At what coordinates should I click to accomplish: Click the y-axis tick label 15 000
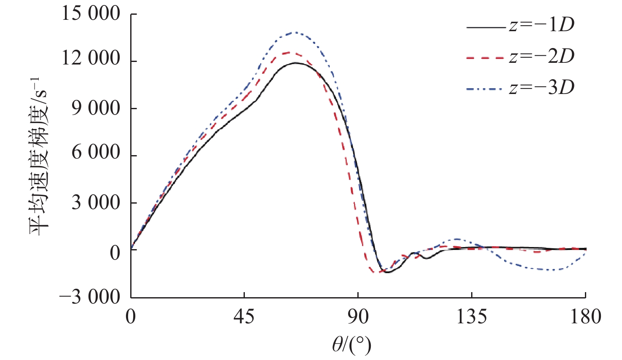(91, 14)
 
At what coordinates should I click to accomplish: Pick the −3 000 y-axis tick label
(89, 298)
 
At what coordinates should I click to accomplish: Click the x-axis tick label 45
(244, 317)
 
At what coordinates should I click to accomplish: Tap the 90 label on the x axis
(358, 317)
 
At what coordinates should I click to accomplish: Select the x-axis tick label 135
(472, 317)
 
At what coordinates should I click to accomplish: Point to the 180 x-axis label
(585, 317)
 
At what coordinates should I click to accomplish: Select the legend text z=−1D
(542, 25)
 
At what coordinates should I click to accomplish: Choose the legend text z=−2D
(542, 56)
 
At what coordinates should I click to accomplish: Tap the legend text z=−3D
(542, 87)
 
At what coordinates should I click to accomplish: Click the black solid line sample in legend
(485, 27)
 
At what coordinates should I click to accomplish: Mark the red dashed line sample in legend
(485, 58)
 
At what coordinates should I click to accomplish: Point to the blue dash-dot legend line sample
(485, 89)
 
